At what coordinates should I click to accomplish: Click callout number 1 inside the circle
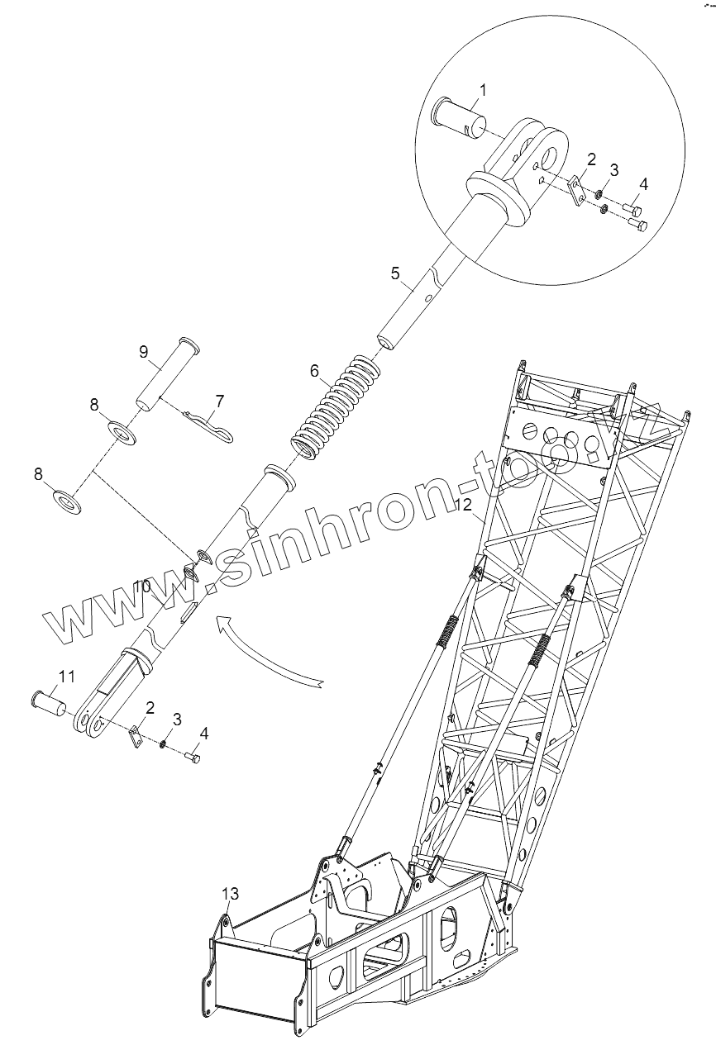[483, 89]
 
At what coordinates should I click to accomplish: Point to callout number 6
[314, 371]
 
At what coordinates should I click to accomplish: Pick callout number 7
[219, 401]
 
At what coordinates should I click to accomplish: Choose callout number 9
[143, 352]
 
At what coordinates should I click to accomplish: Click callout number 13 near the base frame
[231, 893]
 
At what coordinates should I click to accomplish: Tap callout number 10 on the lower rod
[141, 586]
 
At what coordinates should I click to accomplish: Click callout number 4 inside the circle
[643, 183]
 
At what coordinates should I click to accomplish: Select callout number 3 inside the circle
[613, 170]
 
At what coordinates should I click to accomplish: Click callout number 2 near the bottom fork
[150, 707]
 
